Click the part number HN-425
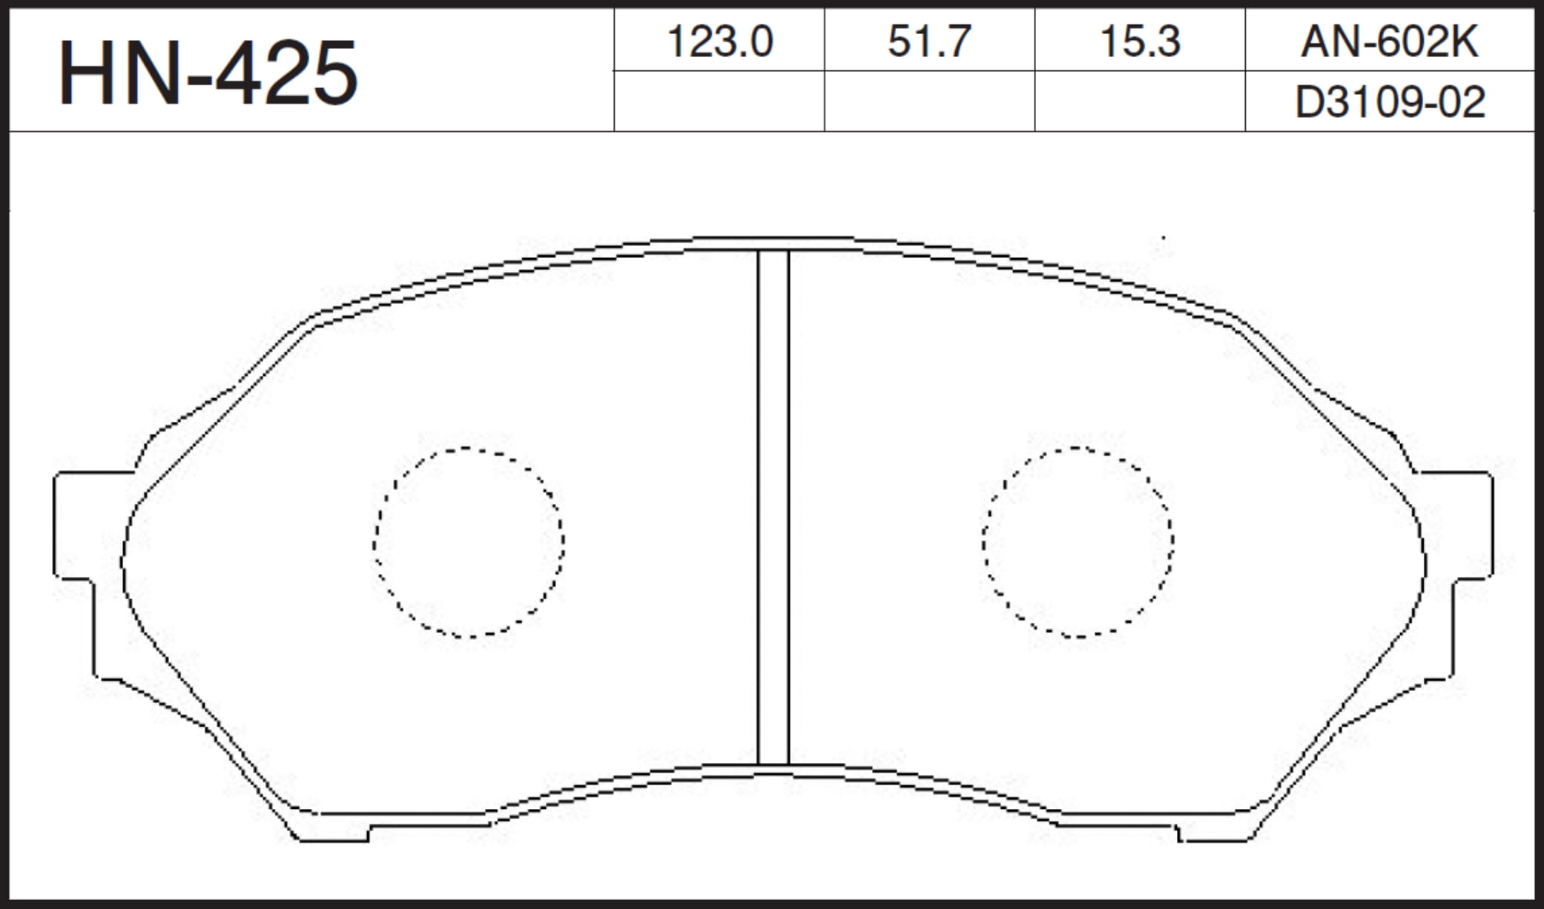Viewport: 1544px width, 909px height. point(208,73)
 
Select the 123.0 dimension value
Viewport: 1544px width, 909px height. point(720,42)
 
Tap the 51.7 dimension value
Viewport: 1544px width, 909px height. point(929,42)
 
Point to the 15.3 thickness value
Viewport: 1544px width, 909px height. point(1140,42)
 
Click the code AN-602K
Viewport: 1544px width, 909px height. point(1390,42)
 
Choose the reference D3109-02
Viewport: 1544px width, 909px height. point(1390,102)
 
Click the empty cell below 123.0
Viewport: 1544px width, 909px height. point(719,102)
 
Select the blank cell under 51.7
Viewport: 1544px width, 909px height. point(929,102)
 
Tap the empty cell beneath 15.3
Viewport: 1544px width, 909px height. point(1140,102)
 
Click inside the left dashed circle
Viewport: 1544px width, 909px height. point(469,542)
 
